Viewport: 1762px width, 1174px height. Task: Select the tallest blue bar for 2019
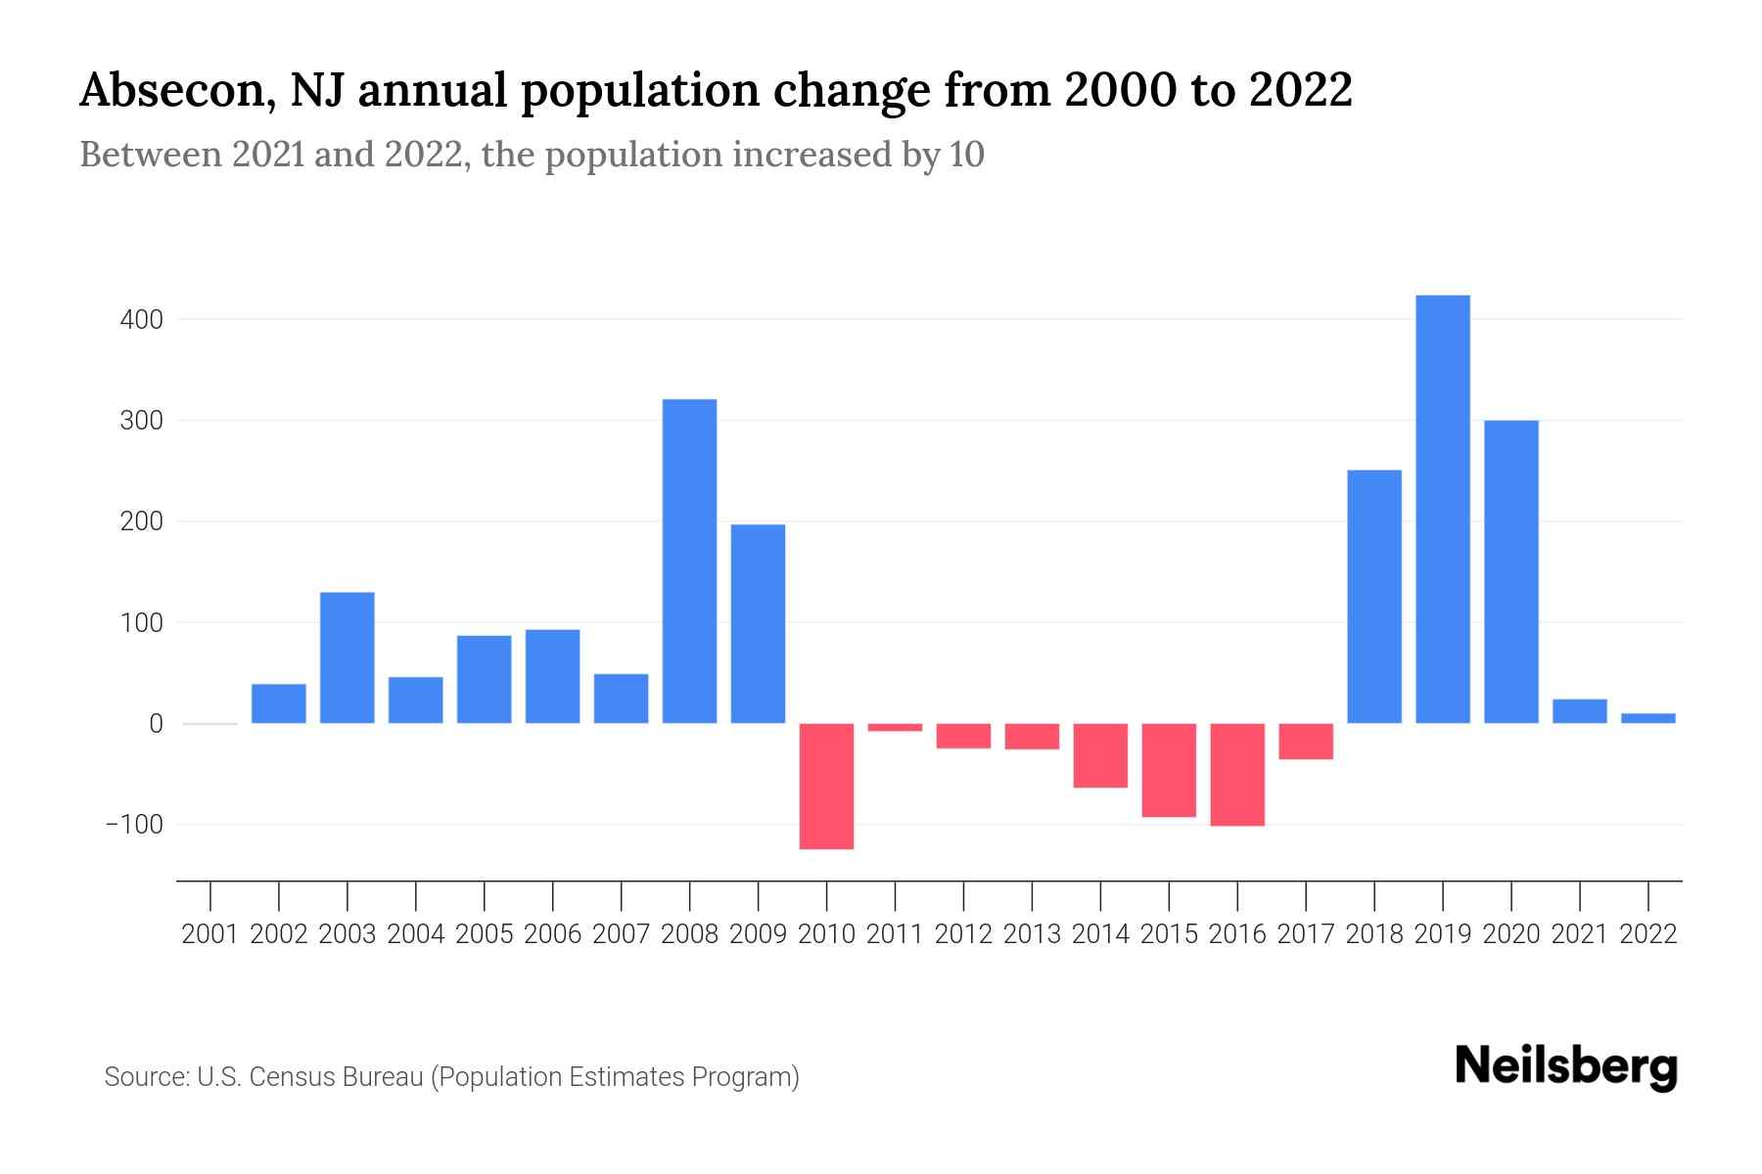pyautogui.click(x=1443, y=509)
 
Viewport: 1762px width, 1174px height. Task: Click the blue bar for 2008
pyautogui.click(x=689, y=561)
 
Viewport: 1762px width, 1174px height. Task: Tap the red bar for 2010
pyautogui.click(x=826, y=787)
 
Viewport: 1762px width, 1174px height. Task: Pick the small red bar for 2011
pyautogui.click(x=895, y=727)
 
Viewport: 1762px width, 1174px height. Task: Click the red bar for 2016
pyautogui.click(x=1237, y=775)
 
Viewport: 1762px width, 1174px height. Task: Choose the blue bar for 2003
pyautogui.click(x=348, y=657)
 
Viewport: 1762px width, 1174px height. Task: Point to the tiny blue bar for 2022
pyautogui.click(x=1648, y=718)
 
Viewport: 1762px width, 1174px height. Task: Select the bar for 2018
pyautogui.click(x=1374, y=597)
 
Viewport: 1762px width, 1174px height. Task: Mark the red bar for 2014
pyautogui.click(x=1100, y=755)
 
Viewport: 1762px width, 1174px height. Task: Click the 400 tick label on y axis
pyautogui.click(x=142, y=320)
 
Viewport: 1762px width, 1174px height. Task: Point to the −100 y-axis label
pyautogui.click(x=134, y=825)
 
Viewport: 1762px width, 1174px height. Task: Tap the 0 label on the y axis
pyautogui.click(x=156, y=724)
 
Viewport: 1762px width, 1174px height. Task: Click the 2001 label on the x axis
pyautogui.click(x=210, y=934)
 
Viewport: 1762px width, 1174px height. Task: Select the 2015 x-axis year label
pyautogui.click(x=1169, y=934)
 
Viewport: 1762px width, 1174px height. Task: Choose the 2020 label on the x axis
pyautogui.click(x=1511, y=934)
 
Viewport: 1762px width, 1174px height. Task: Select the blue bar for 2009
pyautogui.click(x=758, y=624)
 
